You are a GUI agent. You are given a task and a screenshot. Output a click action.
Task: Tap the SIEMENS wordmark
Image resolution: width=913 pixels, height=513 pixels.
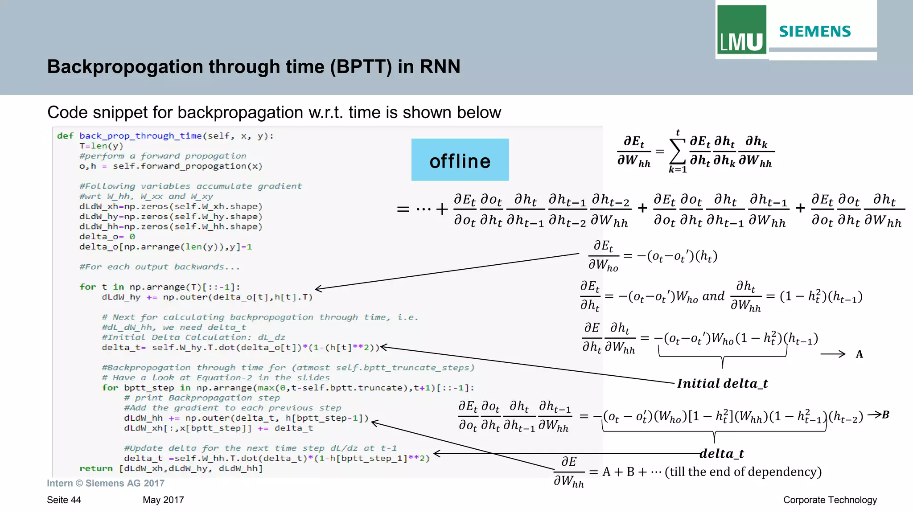[815, 32]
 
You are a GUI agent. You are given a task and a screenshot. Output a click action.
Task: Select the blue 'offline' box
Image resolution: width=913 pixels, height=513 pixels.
[460, 160]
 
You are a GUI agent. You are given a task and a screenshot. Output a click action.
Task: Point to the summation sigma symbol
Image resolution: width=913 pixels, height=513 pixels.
[677, 152]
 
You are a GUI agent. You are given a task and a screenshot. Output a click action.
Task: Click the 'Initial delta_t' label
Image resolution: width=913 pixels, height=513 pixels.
[722, 383]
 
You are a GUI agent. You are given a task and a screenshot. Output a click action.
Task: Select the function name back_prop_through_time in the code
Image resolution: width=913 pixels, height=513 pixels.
[140, 136]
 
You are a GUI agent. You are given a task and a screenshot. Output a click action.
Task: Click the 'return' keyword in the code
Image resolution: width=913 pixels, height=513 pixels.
[96, 468]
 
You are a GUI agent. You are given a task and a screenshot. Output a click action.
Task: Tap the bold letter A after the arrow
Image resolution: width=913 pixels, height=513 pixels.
[859, 354]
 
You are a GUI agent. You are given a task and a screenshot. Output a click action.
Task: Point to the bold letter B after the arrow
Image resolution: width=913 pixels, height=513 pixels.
[885, 415]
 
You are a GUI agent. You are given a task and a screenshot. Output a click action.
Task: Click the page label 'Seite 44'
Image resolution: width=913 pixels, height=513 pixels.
[64, 500]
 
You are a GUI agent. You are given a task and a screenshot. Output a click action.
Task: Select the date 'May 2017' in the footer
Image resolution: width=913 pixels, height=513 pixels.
[163, 500]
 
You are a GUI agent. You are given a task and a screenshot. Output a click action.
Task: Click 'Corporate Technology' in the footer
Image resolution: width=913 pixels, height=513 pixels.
[830, 500]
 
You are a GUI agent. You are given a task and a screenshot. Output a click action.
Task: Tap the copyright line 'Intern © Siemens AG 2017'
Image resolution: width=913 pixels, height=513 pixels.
[106, 483]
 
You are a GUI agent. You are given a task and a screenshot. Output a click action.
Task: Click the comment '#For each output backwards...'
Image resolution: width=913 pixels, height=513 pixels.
[160, 267]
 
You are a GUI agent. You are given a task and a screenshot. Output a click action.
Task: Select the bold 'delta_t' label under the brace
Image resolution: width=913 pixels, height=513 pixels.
[722, 454]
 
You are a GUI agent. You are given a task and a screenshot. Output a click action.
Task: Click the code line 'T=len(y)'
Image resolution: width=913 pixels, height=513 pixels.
[101, 146]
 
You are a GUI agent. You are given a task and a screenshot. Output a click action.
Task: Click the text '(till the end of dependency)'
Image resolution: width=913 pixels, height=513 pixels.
[743, 472]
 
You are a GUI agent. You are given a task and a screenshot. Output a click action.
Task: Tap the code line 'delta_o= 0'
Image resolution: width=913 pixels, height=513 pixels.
[107, 237]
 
